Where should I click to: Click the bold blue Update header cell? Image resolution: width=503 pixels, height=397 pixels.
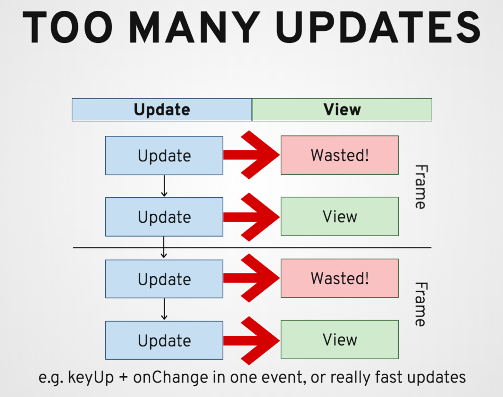(x=162, y=110)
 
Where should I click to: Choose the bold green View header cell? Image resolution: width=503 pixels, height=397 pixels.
(x=342, y=110)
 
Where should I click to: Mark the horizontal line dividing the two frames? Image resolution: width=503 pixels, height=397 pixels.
(x=251, y=247)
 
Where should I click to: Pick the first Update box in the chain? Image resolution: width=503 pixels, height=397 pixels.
(x=164, y=156)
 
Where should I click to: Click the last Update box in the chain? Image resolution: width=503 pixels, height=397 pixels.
(x=164, y=340)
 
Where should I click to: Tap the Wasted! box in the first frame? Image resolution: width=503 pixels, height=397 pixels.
(x=340, y=155)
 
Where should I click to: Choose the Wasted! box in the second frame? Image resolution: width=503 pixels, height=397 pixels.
(x=340, y=278)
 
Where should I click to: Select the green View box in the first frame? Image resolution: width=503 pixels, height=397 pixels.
(x=340, y=217)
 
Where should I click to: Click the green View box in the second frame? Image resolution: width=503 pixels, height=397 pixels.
(x=340, y=339)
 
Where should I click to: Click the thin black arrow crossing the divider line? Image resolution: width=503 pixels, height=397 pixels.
(x=164, y=247)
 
